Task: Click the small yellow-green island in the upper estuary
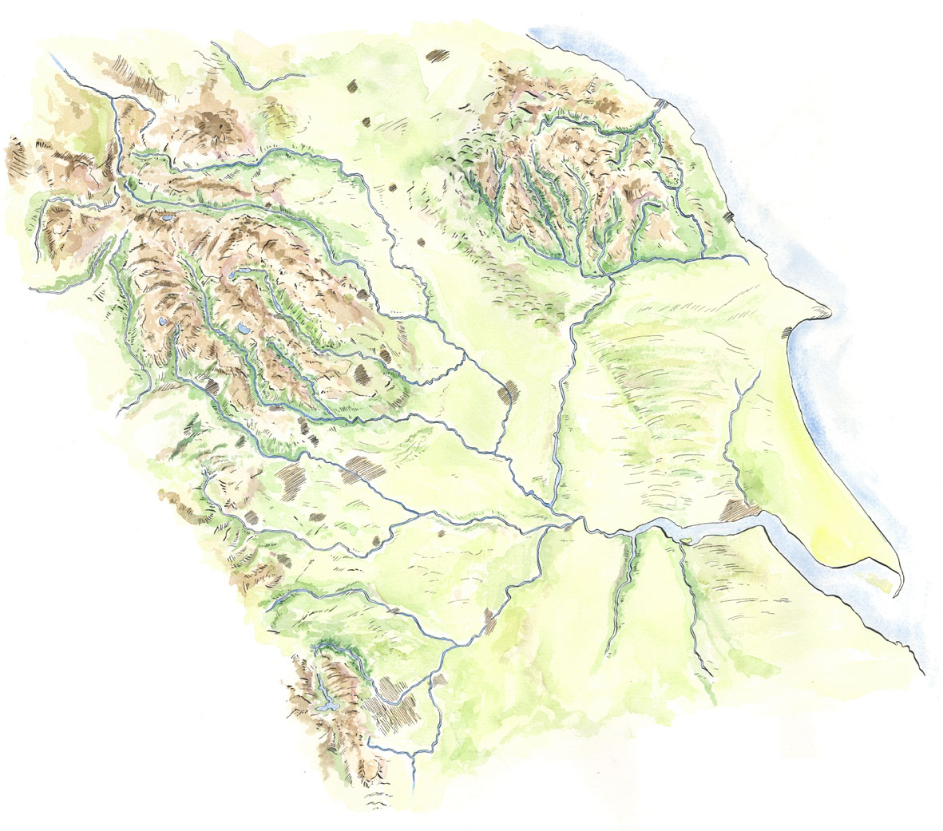685,542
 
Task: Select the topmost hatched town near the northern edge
438,56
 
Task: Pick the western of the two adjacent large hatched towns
292,478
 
